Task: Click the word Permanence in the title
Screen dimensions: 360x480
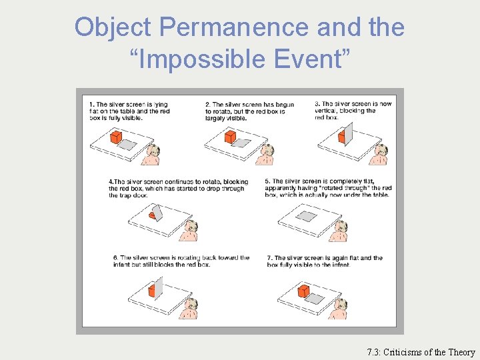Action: [235, 27]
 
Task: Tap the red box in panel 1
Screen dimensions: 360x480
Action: [116, 137]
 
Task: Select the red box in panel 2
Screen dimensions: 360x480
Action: [231, 137]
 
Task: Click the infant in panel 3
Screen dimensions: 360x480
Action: [381, 155]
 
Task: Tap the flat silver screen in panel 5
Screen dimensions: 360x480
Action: [307, 215]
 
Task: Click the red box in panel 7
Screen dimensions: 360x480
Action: [303, 291]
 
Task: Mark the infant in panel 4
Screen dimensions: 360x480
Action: [190, 231]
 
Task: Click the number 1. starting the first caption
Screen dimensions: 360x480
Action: [92, 105]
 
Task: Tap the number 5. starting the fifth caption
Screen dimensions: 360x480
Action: [267, 181]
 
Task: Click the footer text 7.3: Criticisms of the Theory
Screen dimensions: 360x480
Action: [421, 352]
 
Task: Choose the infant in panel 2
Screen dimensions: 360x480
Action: [267, 155]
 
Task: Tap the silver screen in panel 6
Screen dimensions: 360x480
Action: [159, 287]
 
